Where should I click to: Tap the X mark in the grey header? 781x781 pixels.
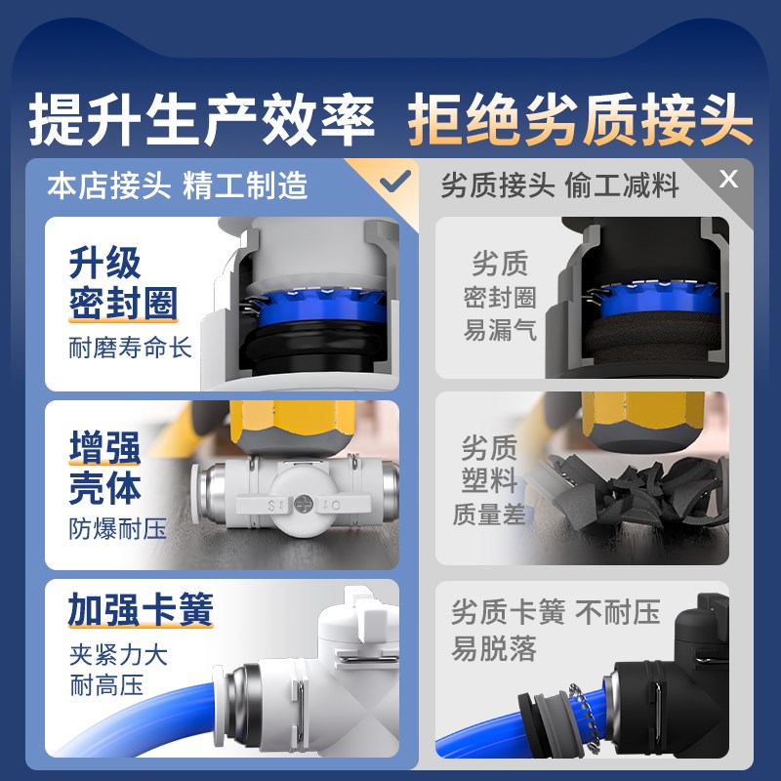[727, 180]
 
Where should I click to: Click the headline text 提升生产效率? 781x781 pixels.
[202, 121]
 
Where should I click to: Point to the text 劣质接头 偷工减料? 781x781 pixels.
[559, 185]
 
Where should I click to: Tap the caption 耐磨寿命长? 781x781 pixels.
[131, 348]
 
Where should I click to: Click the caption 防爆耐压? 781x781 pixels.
[117, 529]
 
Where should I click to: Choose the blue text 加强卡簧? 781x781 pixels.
[141, 611]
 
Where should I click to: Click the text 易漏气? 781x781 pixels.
[500, 331]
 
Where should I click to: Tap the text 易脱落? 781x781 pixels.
[495, 648]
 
